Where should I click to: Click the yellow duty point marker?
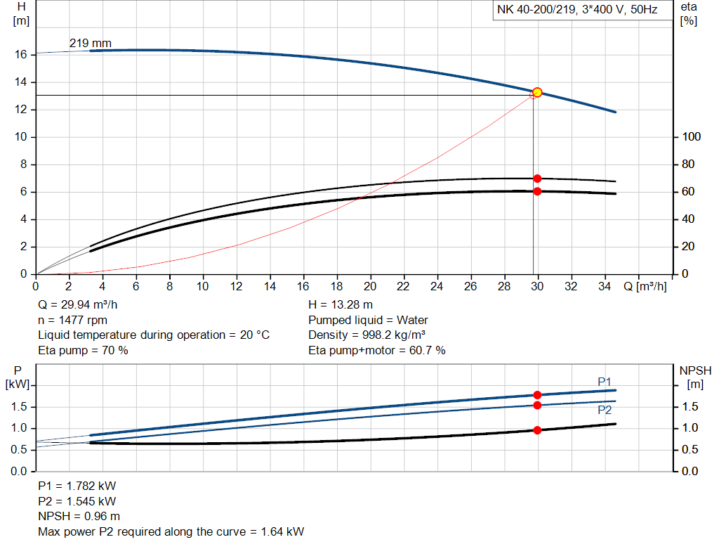pos(537,92)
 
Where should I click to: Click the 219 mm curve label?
pos(90,44)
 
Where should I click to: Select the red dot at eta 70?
pos(537,179)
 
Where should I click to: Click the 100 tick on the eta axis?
pos(691,137)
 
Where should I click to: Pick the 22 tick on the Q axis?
pos(403,287)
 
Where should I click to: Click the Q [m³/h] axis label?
pos(645,287)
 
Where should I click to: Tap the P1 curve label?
pos(605,382)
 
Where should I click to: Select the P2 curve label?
pos(605,410)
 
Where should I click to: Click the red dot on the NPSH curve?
pos(537,430)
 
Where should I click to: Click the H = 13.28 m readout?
pos(341,305)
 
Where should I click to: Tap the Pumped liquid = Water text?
pos(368,320)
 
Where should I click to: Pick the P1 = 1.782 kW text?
pos(77,486)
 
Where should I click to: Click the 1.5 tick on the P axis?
pos(20,407)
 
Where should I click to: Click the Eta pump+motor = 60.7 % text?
pos(376,350)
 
